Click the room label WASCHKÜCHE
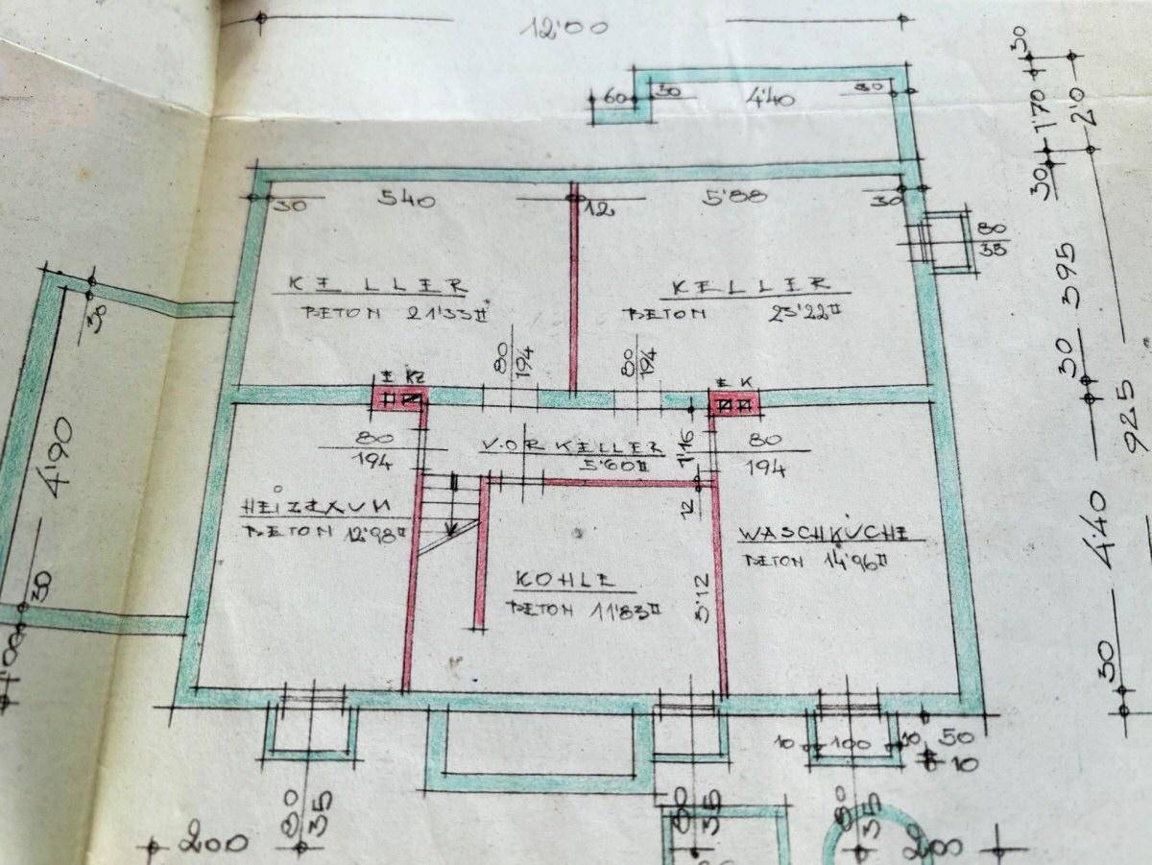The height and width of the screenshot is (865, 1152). tap(824, 535)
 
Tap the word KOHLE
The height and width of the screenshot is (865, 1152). tap(564, 580)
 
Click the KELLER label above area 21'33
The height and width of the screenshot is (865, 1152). tap(376, 285)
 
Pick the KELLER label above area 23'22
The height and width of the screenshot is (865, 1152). tap(751, 285)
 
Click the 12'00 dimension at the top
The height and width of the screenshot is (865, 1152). tap(564, 27)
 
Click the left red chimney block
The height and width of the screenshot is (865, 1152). tap(400, 398)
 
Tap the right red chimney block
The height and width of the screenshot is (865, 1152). tap(735, 403)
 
